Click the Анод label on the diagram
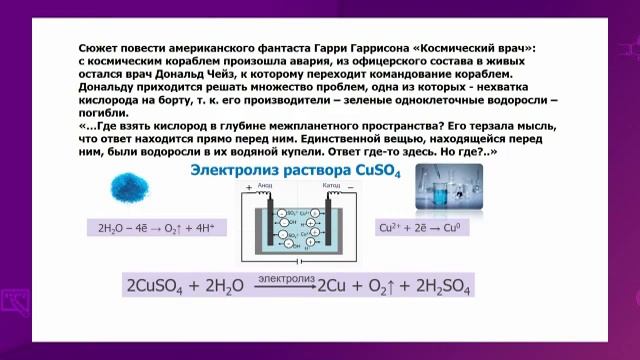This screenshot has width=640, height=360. pos(266,185)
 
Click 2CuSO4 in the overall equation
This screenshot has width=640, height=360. pos(160,286)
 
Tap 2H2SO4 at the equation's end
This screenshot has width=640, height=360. pos(438,286)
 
